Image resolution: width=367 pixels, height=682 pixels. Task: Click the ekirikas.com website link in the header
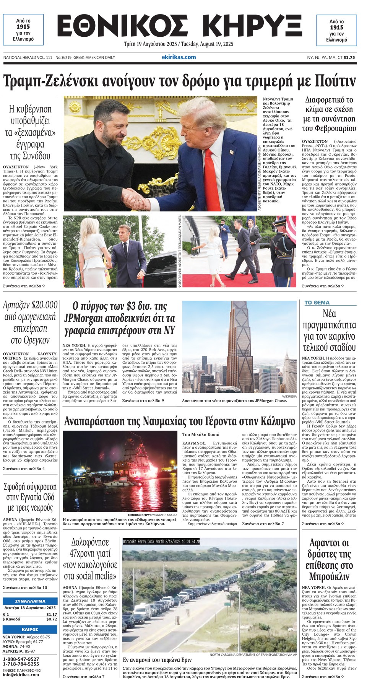click(179, 57)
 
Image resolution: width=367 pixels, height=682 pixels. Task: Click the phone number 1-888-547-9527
click(21, 659)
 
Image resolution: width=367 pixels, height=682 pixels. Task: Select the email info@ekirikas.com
click(21, 674)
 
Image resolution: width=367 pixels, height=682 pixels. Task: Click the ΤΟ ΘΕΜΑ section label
click(317, 303)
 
